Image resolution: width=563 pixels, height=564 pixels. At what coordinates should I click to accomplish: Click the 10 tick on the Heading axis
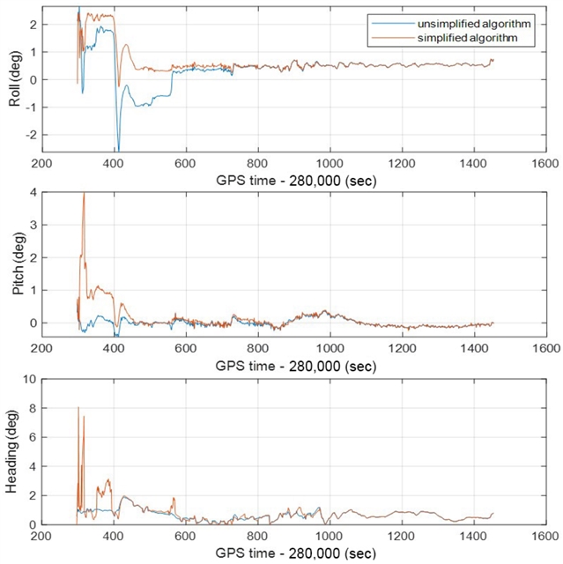tap(28, 379)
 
